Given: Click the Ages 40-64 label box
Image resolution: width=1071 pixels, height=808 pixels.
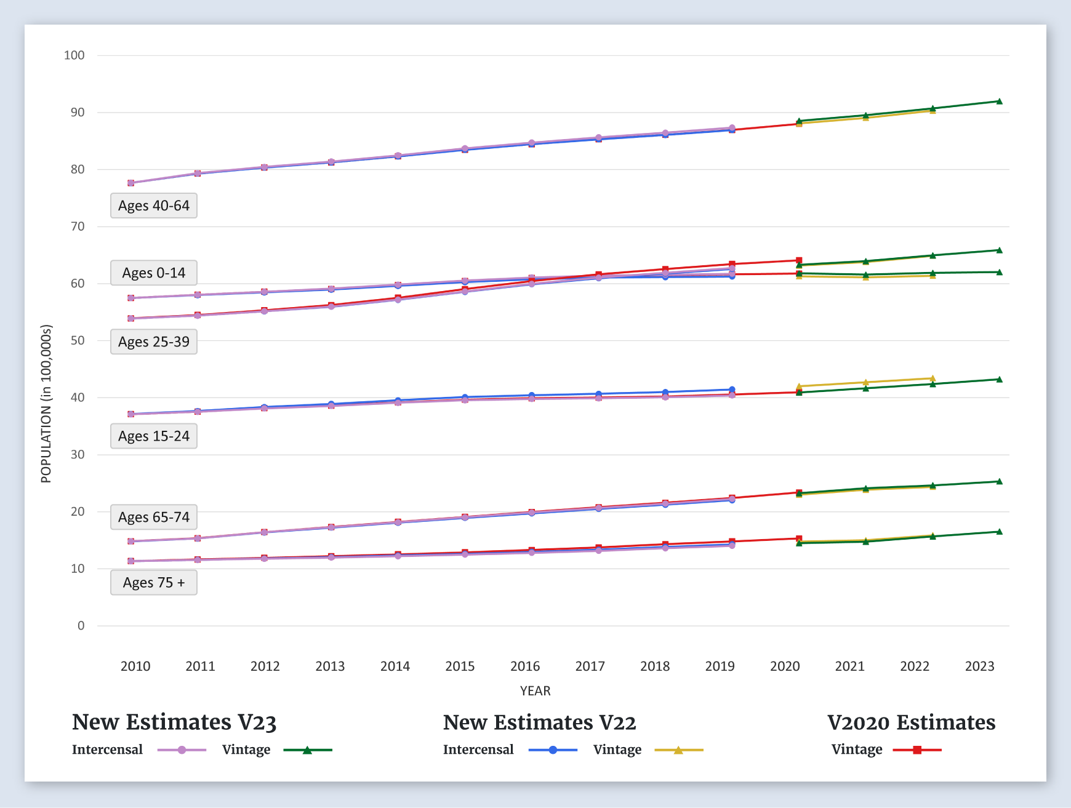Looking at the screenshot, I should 154,206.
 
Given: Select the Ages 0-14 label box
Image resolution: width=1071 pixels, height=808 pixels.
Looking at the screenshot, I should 154,273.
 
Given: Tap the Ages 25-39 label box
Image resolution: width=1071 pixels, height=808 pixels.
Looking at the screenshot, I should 154,342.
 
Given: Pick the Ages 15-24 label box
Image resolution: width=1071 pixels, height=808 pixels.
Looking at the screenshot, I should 154,436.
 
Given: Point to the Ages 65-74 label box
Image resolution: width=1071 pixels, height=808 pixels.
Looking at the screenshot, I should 154,517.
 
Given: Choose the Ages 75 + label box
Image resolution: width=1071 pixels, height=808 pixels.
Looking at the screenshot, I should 154,582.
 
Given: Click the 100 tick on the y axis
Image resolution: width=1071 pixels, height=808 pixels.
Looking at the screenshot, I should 74,55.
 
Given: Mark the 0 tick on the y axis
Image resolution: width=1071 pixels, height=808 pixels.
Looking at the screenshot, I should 81,626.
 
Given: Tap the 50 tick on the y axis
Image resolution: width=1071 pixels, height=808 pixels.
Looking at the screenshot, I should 78,340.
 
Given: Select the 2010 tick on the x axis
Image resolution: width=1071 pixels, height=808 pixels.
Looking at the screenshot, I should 135,666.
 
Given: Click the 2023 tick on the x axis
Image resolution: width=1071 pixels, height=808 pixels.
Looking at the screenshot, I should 979,666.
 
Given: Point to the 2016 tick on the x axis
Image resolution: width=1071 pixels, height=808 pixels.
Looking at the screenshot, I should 525,666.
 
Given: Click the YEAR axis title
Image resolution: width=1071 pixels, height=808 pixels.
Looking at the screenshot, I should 535,690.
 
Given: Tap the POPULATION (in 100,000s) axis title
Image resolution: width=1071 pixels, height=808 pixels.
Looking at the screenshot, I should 46,404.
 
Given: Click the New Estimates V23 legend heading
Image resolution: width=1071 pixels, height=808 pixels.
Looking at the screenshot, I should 174,722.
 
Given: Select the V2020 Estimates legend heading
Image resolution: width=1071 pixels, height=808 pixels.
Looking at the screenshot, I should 911,722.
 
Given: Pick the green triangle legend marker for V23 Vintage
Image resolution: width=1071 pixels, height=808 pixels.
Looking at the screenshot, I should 307,750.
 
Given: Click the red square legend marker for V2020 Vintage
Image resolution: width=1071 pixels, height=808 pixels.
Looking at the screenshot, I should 917,750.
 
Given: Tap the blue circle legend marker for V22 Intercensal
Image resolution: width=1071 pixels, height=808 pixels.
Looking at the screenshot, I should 553,750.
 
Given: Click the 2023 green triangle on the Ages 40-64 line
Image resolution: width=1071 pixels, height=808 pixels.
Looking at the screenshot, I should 999,102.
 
